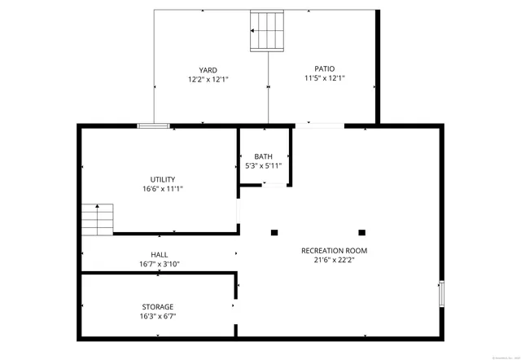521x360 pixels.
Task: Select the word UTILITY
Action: [x=162, y=179]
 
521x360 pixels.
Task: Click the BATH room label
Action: [x=263, y=156]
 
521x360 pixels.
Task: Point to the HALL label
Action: [x=160, y=254]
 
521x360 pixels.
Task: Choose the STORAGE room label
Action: [x=158, y=306]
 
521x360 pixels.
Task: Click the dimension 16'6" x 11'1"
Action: [x=162, y=189]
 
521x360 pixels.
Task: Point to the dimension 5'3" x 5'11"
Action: [x=263, y=166]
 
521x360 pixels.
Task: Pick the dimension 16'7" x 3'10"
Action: [x=160, y=264]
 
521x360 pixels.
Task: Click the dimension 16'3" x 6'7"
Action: [x=158, y=316]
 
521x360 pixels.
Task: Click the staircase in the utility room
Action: [x=97, y=218]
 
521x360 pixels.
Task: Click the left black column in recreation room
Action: [x=274, y=231]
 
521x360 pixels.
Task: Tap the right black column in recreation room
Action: [x=362, y=231]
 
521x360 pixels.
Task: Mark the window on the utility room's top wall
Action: [x=153, y=125]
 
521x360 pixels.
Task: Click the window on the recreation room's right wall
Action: [x=442, y=293]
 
